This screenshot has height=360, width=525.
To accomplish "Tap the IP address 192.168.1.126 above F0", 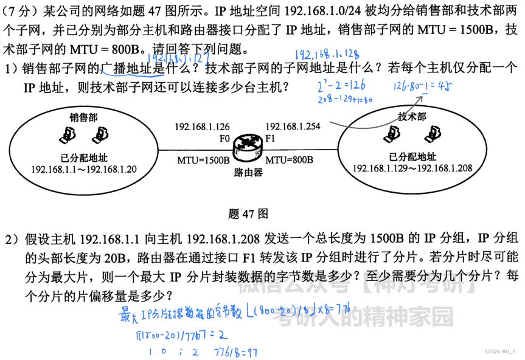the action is point(202,126).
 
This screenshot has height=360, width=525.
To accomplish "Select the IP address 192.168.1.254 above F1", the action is point(293,126).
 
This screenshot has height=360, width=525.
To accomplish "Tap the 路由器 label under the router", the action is point(248,172).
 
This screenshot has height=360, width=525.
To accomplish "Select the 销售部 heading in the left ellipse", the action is point(83,116).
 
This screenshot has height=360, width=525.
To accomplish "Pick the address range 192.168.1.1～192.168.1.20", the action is point(84,168).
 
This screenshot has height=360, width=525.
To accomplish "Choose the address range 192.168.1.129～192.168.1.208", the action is point(412,168).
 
